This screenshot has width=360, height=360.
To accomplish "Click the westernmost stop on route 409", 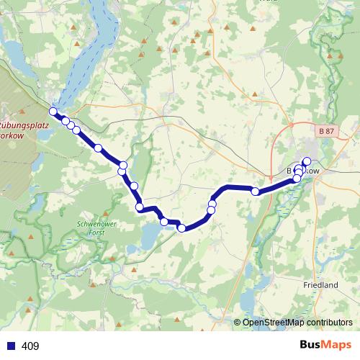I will (53, 112).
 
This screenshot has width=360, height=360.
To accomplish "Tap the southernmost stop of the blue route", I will (181, 228).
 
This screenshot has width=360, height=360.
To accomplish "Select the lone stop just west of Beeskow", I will (255, 191).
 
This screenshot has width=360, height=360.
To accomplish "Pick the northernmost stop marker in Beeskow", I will (307, 161).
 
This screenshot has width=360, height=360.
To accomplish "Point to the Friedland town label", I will (321, 285).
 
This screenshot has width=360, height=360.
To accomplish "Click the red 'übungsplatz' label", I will (24, 124).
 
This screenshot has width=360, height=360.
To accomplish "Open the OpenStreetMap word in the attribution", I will (271, 323).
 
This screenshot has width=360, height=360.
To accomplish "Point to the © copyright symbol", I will (238, 323).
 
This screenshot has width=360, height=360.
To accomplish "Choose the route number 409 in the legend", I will (30, 346).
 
